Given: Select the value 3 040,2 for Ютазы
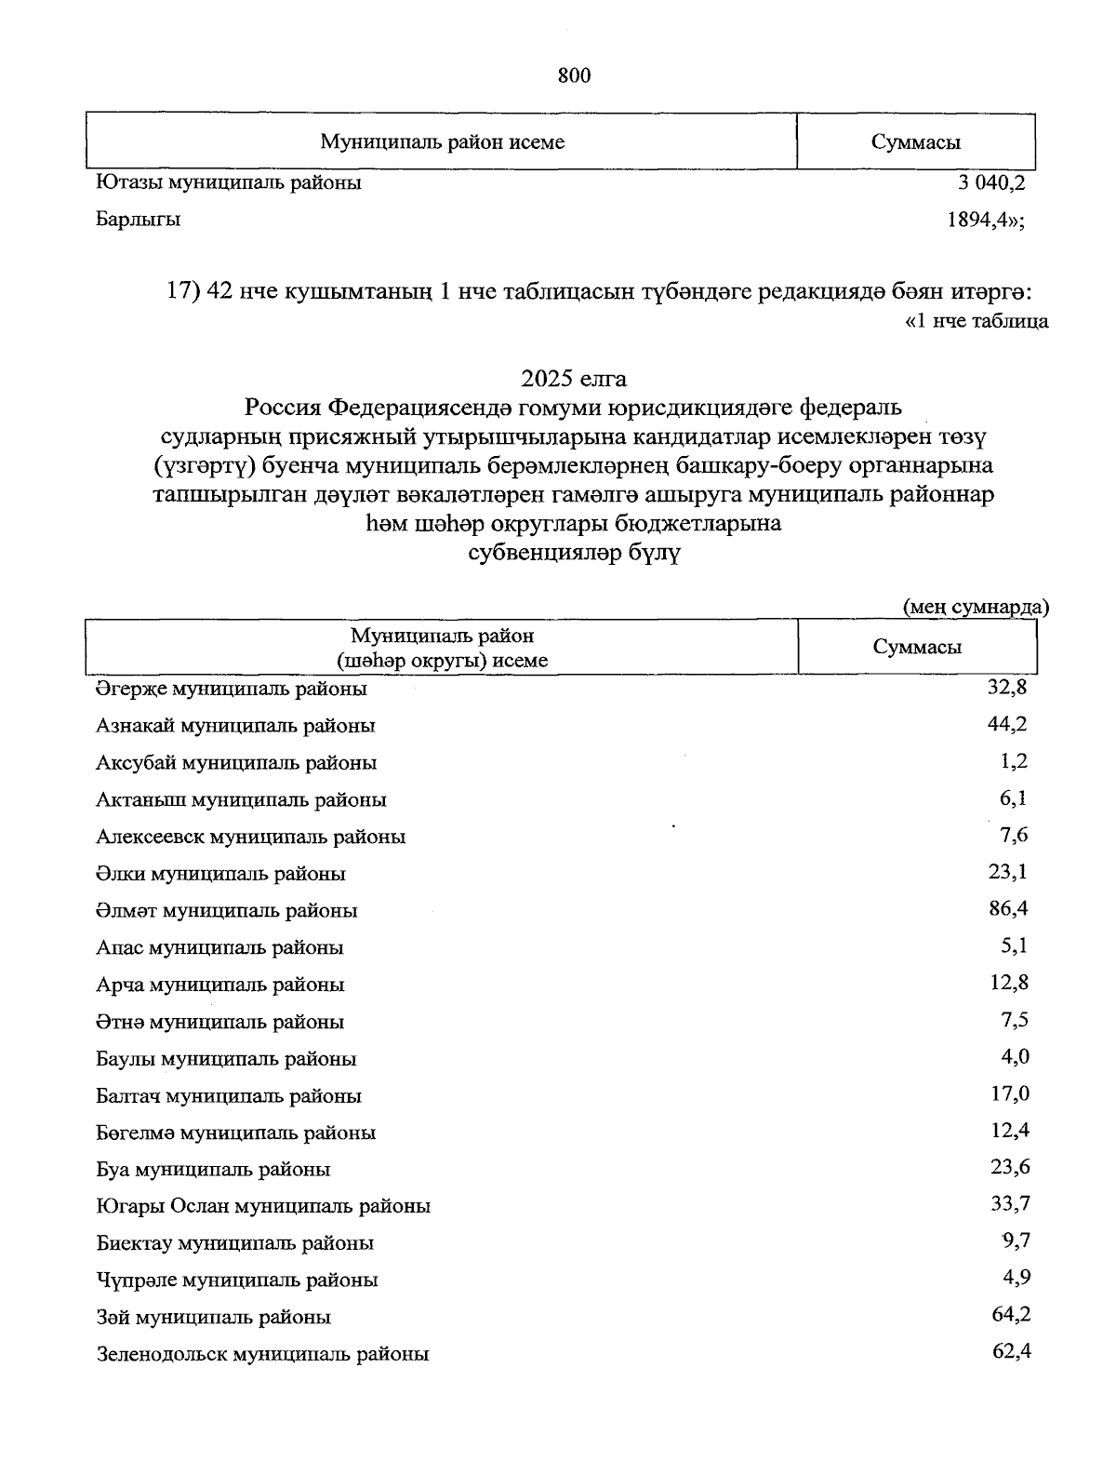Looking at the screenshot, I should pyautogui.click(x=991, y=182).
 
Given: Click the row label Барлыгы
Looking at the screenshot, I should pyautogui.click(x=139, y=221).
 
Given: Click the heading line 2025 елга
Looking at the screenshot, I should pyautogui.click(x=574, y=379).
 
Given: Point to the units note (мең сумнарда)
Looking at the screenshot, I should pyautogui.click(x=976, y=607).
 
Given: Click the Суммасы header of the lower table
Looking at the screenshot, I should pyautogui.click(x=917, y=648).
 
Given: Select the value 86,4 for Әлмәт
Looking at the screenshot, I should pyautogui.click(x=1009, y=908).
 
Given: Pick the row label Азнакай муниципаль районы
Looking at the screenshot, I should pyautogui.click(x=235, y=725).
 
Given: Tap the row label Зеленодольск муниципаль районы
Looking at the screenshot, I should pyautogui.click(x=262, y=1354).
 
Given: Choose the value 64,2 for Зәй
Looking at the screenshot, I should pyautogui.click(x=1011, y=1314).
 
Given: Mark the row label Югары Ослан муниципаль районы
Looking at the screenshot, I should pyautogui.click(x=263, y=1206).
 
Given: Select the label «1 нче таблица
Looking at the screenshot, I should pyautogui.click(x=976, y=322).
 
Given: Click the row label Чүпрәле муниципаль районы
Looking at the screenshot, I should pyautogui.click(x=237, y=1280).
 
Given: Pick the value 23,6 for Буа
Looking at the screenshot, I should pyautogui.click(x=1011, y=1167).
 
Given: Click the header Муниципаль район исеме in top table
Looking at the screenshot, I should pyautogui.click(x=442, y=142).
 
